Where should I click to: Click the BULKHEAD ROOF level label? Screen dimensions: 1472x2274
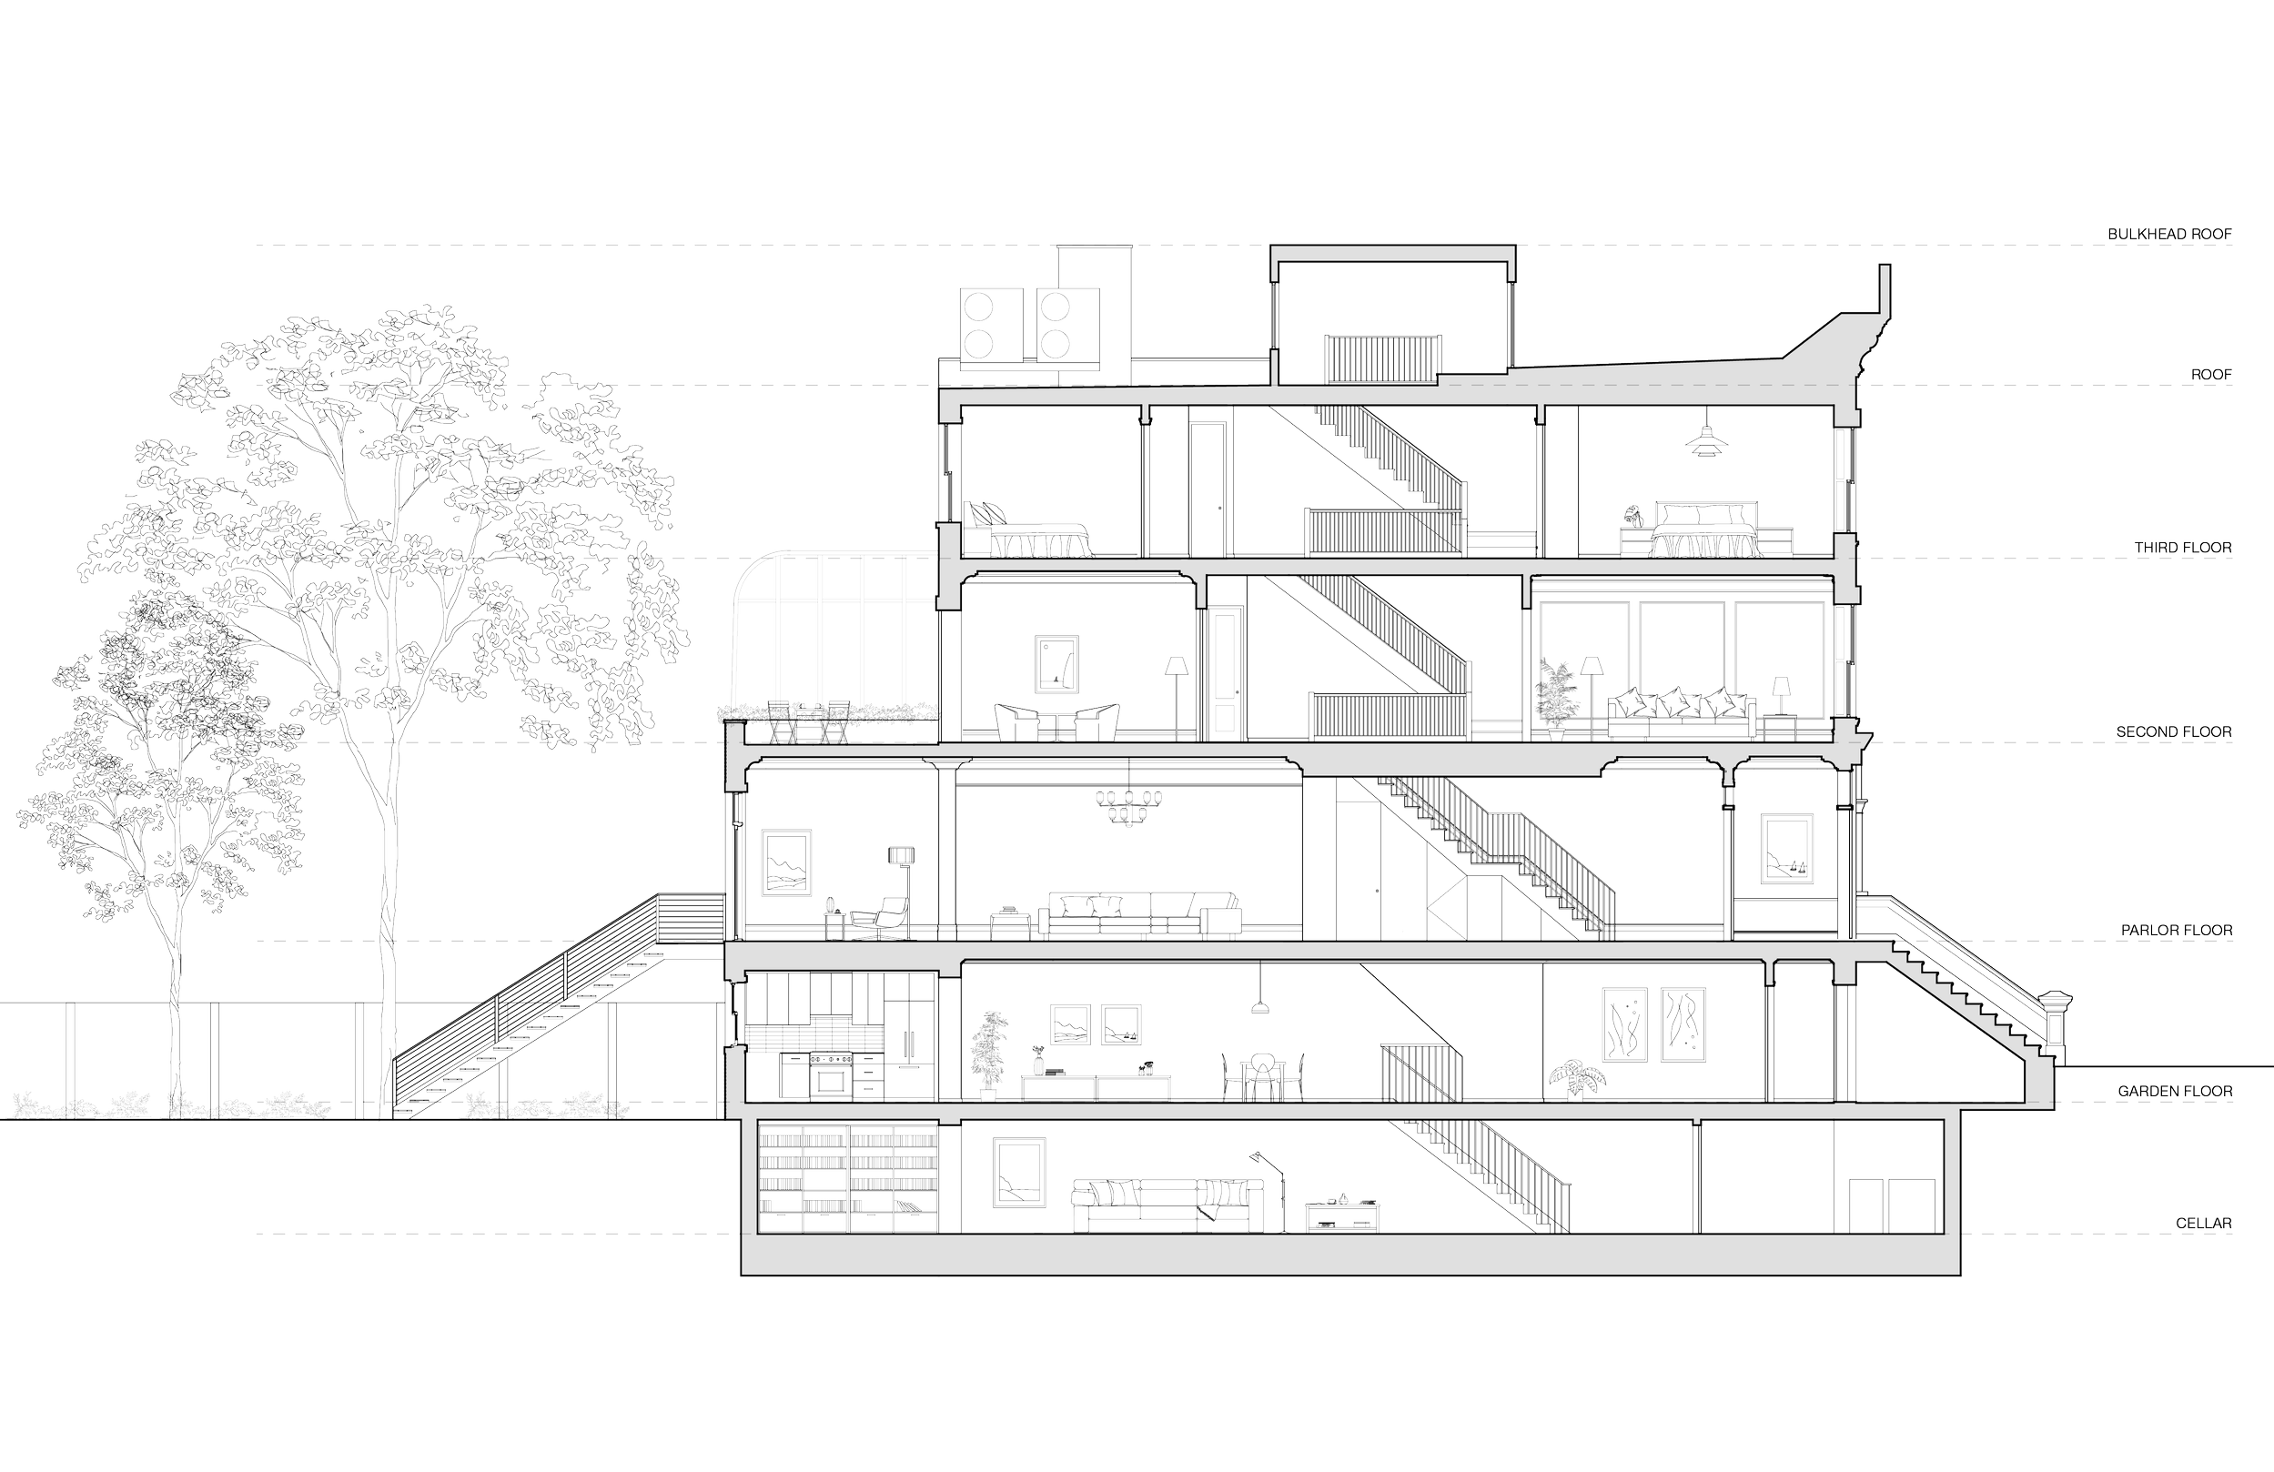click(2169, 233)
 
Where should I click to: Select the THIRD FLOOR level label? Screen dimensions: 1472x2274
click(2183, 548)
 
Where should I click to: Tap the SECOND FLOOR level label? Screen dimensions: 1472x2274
click(2173, 731)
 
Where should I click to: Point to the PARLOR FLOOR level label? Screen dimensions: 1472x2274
click(2171, 930)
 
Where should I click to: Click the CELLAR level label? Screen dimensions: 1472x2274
click(2203, 1223)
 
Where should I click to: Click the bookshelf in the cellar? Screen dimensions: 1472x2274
click(846, 1180)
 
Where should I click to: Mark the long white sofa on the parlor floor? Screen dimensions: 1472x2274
click(1139, 917)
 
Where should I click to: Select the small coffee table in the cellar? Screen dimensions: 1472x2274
click(1342, 1215)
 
